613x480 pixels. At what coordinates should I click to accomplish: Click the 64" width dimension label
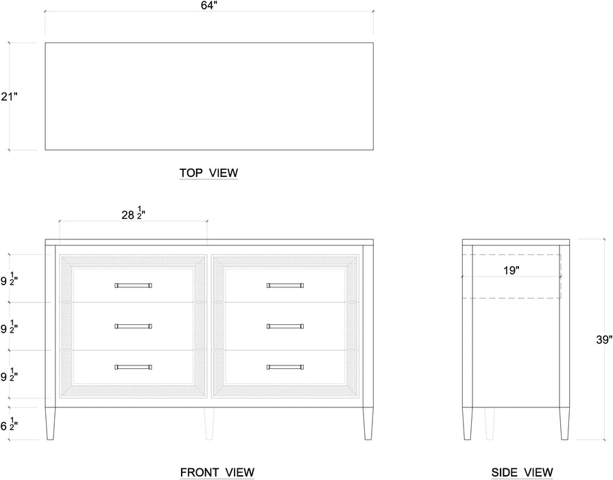pos(208,6)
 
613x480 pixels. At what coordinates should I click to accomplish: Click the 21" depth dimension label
pos(8,97)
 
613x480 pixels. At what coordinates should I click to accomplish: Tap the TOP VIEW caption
pos(208,173)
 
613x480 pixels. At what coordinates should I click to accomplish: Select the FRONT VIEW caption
pos(217,472)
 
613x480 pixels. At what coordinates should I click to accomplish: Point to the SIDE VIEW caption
pos(522,472)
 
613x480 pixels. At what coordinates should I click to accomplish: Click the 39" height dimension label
pos(603,339)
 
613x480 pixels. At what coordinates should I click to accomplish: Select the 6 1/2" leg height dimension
pos(9,426)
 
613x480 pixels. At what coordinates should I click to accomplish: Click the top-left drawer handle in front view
pos(133,285)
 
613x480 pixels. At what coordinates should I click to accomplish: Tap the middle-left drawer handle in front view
pos(133,326)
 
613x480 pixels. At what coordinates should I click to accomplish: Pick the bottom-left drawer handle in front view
pos(133,368)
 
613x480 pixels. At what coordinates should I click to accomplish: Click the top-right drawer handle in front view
pos(285,285)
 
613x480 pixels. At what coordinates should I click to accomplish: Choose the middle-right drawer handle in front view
pos(285,326)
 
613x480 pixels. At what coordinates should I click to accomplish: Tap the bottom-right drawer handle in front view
pos(285,368)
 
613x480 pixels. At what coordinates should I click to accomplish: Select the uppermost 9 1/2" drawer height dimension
pos(9,280)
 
